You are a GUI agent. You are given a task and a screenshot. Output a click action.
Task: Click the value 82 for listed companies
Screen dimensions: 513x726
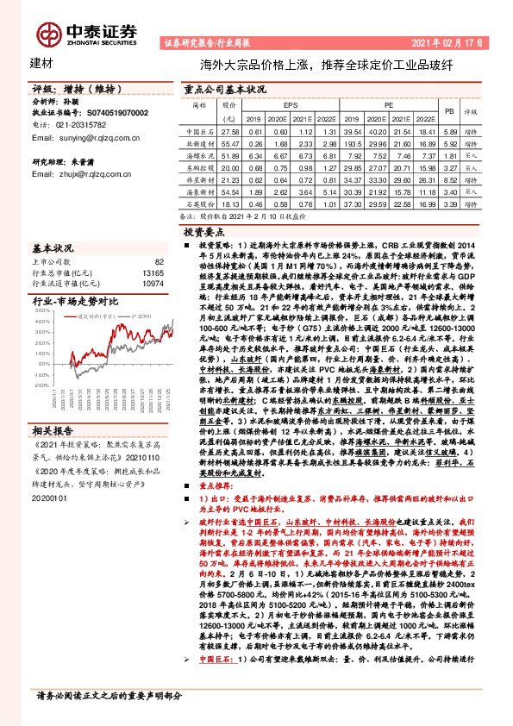pyautogui.click(x=159, y=261)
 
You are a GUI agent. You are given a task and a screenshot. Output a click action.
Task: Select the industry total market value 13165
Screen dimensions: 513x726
pyautogui.click(x=153, y=272)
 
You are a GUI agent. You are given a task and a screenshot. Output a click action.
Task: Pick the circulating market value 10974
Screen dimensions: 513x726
pyautogui.click(x=153, y=283)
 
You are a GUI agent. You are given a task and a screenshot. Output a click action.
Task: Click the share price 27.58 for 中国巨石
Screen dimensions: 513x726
pyautogui.click(x=229, y=130)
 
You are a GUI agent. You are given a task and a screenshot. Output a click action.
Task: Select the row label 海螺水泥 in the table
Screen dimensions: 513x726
pyautogui.click(x=199, y=155)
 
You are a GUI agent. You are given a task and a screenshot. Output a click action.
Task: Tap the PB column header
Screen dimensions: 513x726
pyautogui.click(x=448, y=111)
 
